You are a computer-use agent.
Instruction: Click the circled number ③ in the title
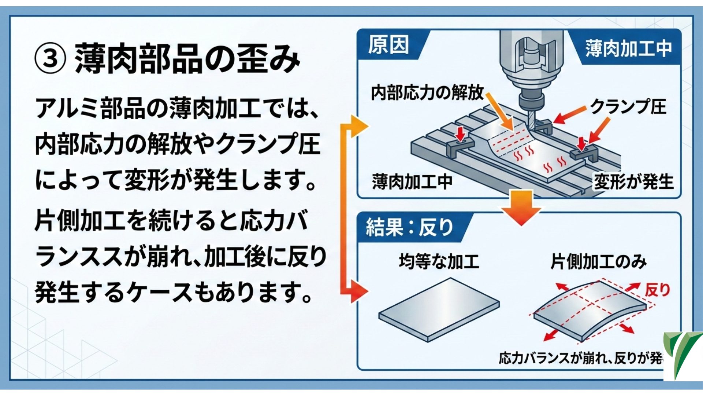click(x=51, y=59)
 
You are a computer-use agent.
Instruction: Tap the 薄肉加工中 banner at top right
click(x=628, y=49)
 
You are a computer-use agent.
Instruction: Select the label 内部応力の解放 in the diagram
click(x=427, y=92)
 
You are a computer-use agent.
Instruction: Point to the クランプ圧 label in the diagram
click(x=628, y=107)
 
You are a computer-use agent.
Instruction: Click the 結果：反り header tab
click(x=409, y=227)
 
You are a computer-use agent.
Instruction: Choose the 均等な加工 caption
click(x=439, y=262)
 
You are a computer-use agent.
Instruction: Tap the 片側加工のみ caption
click(x=598, y=262)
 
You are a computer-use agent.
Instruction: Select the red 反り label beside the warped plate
click(x=658, y=290)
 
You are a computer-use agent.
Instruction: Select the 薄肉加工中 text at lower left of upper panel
click(x=412, y=182)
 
